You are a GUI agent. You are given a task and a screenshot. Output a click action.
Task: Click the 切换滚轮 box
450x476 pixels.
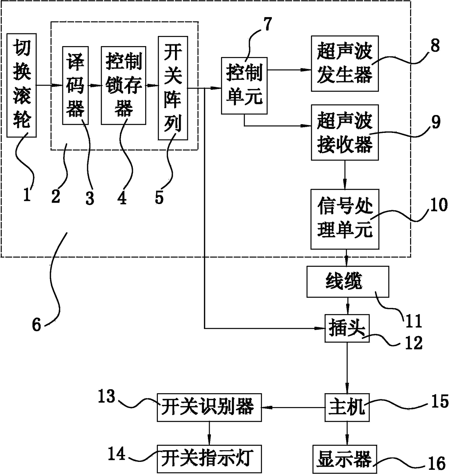(x=21, y=86)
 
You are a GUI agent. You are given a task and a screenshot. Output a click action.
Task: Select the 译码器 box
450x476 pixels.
(x=75, y=86)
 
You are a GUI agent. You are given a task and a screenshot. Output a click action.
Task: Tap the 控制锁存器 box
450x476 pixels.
(x=123, y=86)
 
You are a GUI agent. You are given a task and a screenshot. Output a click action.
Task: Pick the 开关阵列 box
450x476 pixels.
(x=173, y=88)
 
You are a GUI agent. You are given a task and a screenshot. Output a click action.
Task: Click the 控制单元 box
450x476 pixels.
(x=244, y=86)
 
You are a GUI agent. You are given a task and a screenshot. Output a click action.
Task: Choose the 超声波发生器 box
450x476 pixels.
(x=344, y=64)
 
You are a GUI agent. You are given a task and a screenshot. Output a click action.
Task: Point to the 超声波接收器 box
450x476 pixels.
(x=344, y=133)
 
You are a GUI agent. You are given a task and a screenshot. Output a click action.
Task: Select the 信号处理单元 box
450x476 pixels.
(x=344, y=219)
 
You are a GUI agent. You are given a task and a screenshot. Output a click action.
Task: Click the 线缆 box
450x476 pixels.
(x=347, y=282)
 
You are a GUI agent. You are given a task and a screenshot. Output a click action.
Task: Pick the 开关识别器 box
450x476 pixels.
(x=209, y=407)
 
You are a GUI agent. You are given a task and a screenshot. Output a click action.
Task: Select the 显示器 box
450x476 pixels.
(x=344, y=459)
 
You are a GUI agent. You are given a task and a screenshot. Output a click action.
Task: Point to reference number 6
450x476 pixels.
(x=37, y=324)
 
